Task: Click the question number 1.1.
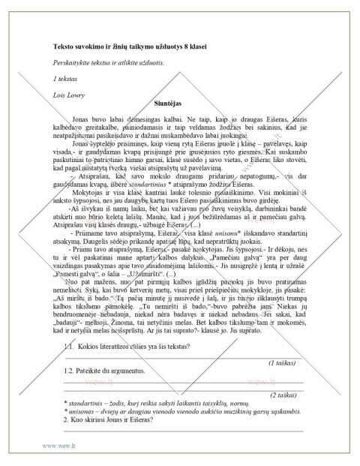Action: tap(72, 347)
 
